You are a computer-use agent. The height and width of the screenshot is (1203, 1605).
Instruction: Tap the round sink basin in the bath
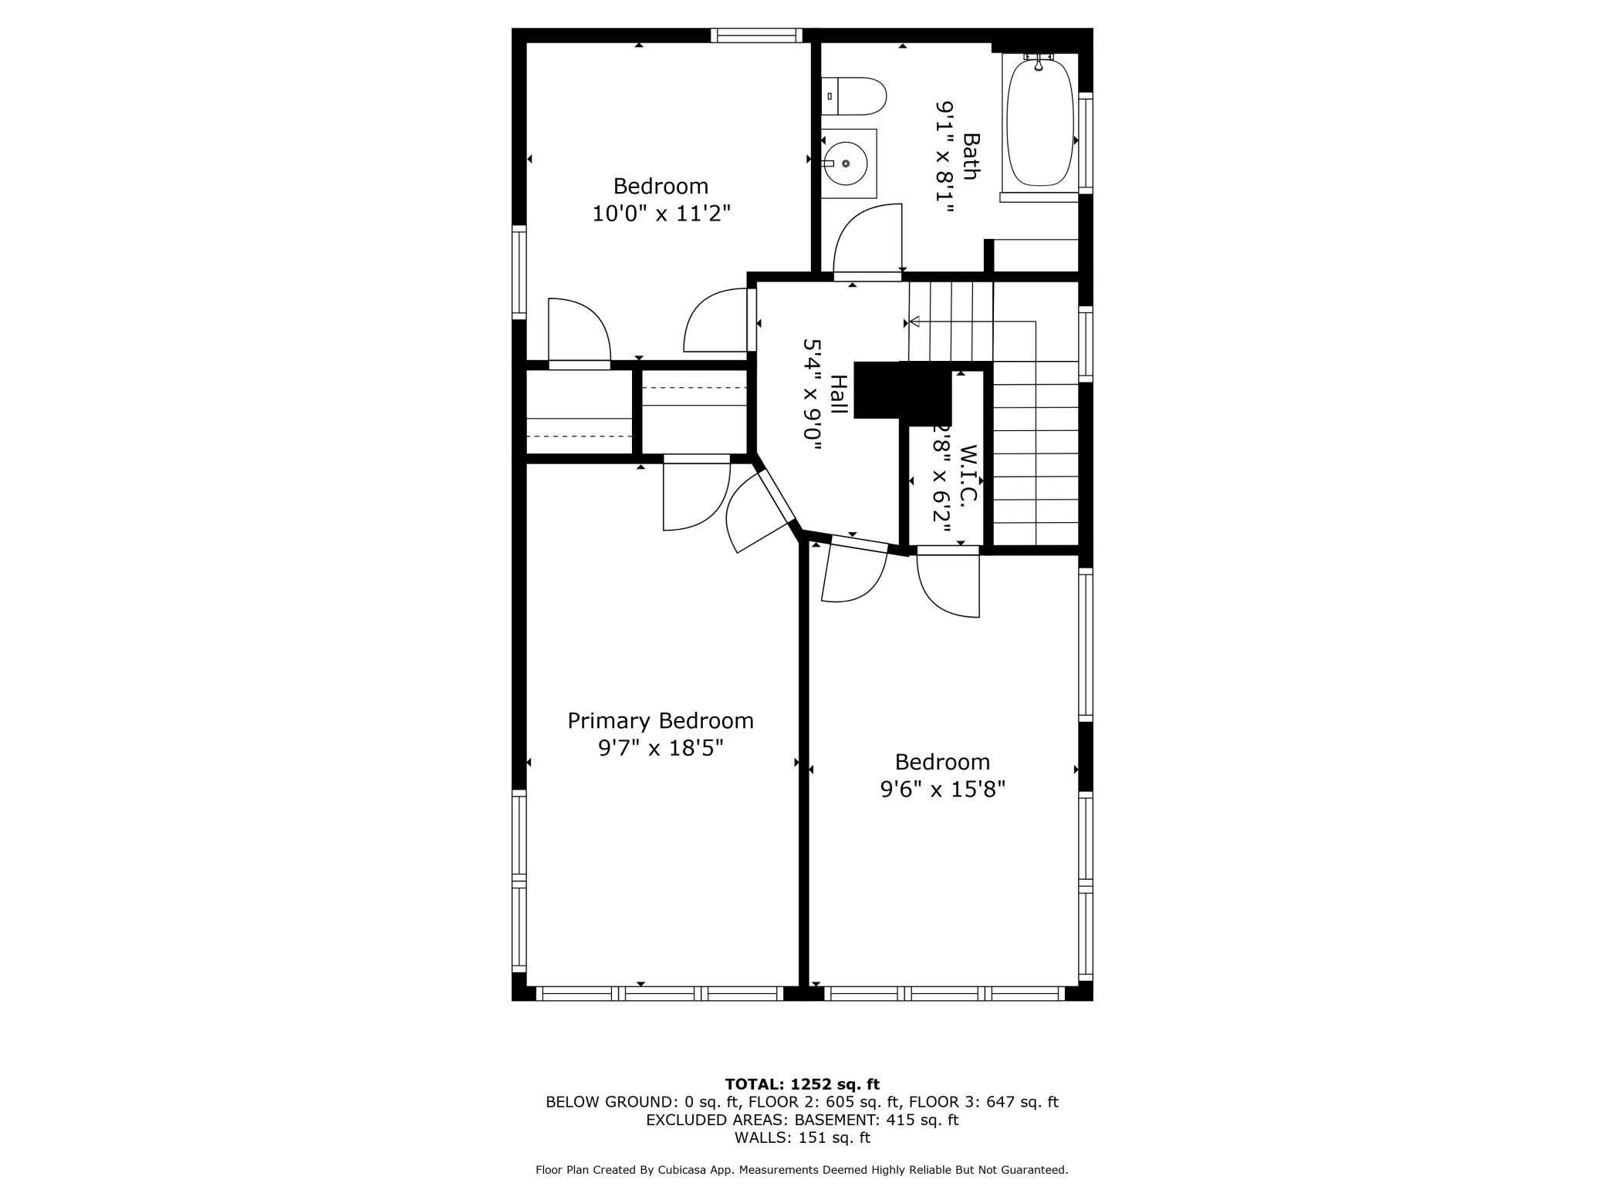845,163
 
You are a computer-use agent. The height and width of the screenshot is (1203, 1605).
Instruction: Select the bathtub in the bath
1039,123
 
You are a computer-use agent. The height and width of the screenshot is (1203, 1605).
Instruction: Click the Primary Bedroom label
661,721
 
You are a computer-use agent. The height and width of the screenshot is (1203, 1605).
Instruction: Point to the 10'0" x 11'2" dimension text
661,214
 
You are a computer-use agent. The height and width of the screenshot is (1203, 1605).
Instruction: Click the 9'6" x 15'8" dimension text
942,790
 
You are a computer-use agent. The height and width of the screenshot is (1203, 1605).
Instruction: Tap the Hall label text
838,396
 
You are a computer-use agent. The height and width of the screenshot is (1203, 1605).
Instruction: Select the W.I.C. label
968,473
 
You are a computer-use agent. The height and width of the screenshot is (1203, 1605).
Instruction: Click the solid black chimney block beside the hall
901,392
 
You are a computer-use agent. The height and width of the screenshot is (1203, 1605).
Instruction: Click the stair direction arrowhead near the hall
914,322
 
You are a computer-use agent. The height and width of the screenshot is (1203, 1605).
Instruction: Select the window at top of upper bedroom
756,35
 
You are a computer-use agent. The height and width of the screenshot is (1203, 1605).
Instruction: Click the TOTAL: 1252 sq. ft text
802,1083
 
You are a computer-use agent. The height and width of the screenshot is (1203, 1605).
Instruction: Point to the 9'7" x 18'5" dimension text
661,748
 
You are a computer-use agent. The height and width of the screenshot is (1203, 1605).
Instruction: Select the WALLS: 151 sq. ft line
802,1137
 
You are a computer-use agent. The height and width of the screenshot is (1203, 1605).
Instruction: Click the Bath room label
971,157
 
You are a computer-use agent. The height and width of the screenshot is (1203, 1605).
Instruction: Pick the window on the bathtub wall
1086,143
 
